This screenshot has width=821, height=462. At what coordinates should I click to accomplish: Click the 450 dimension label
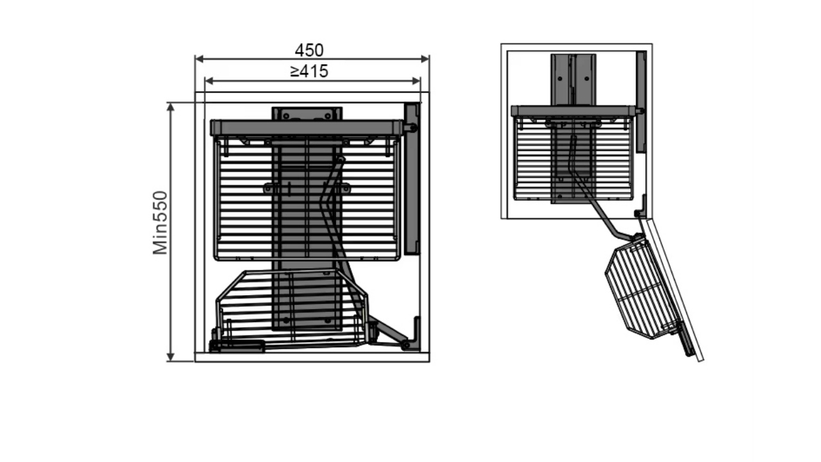tap(309, 50)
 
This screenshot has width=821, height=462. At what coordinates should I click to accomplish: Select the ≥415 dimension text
tap(309, 71)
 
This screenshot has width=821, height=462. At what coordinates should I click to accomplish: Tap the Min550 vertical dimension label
tap(160, 223)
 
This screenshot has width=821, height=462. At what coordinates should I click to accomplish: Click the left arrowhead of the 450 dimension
tap(199, 58)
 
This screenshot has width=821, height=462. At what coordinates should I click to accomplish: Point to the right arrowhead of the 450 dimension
tap(425, 58)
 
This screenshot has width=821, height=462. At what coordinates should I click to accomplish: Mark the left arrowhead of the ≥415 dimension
tap(209, 81)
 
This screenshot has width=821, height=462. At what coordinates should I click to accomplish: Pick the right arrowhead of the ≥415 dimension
tap(416, 81)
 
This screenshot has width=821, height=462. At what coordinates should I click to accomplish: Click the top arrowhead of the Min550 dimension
tap(171, 107)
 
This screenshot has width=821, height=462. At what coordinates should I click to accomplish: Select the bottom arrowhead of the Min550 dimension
tap(171, 357)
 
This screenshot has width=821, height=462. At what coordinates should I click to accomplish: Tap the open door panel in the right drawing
tap(672, 289)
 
